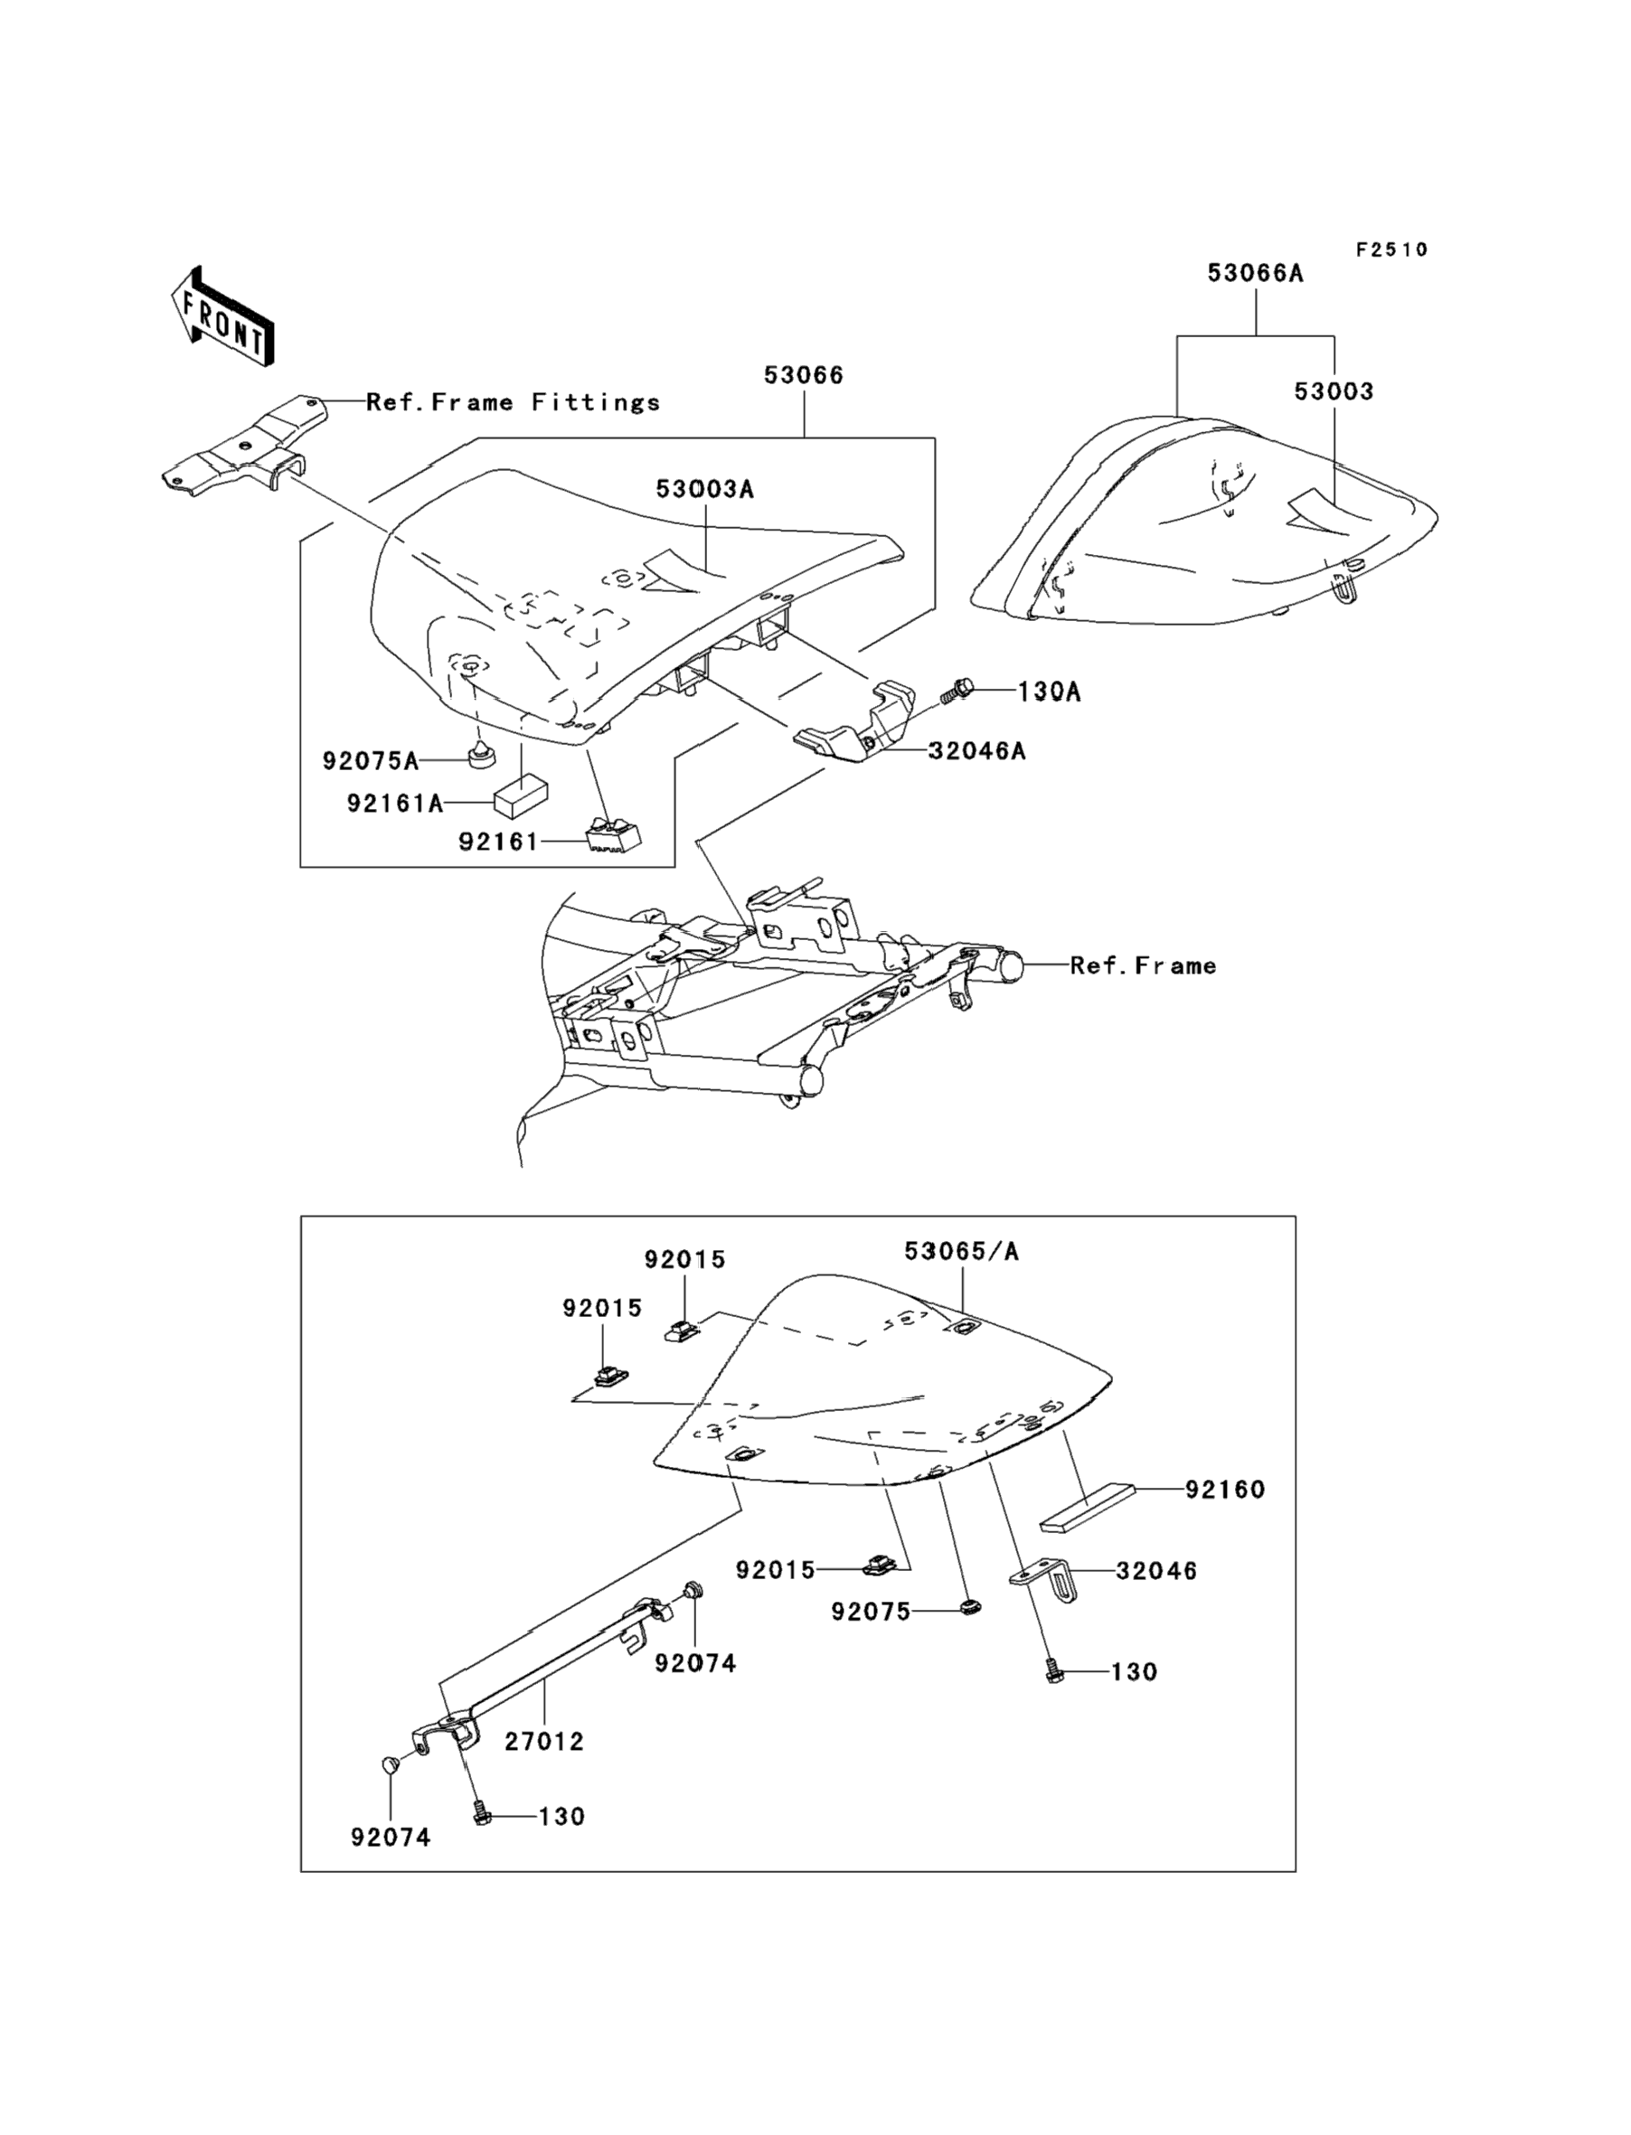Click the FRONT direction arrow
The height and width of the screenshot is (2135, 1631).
tap(222, 318)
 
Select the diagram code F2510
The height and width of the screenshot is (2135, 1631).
tap(1392, 250)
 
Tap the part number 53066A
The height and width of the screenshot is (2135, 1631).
tap(1255, 274)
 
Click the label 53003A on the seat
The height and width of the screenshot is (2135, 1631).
tap(705, 489)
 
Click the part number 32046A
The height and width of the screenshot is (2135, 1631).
tap(976, 750)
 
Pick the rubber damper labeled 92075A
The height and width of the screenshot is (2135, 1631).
tap(477, 753)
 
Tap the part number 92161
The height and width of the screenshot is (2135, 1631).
tap(498, 842)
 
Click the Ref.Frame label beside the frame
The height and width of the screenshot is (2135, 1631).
tap(1143, 965)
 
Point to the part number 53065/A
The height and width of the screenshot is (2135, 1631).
tap(962, 1251)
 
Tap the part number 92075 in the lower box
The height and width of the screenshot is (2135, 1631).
tap(871, 1612)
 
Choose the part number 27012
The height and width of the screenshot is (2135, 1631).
tap(543, 1741)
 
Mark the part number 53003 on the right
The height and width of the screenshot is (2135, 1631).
tap(1334, 391)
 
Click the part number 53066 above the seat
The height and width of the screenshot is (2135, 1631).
tap(804, 375)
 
